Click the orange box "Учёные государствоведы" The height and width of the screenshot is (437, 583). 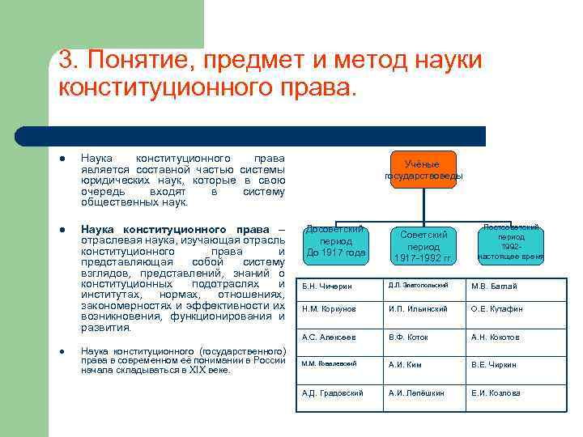click(423, 169)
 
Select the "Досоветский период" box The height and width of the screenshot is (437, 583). click(335, 242)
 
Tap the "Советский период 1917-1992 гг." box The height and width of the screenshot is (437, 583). click(423, 245)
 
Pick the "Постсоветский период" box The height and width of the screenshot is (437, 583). click(511, 242)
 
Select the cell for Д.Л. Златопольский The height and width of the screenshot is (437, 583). click(423, 286)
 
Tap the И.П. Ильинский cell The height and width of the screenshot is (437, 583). click(423, 309)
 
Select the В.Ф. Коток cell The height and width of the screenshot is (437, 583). click(423, 337)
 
